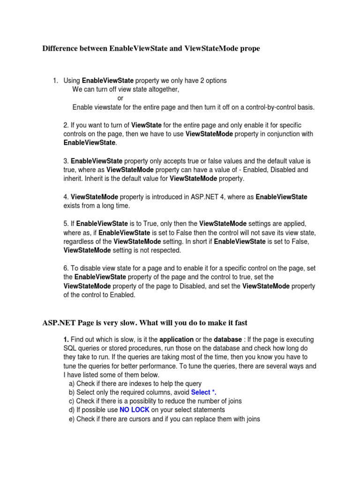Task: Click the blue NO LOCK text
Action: click(x=135, y=410)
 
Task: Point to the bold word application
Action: click(x=176, y=339)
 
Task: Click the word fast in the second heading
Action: click(x=240, y=323)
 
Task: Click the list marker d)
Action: click(x=72, y=410)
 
